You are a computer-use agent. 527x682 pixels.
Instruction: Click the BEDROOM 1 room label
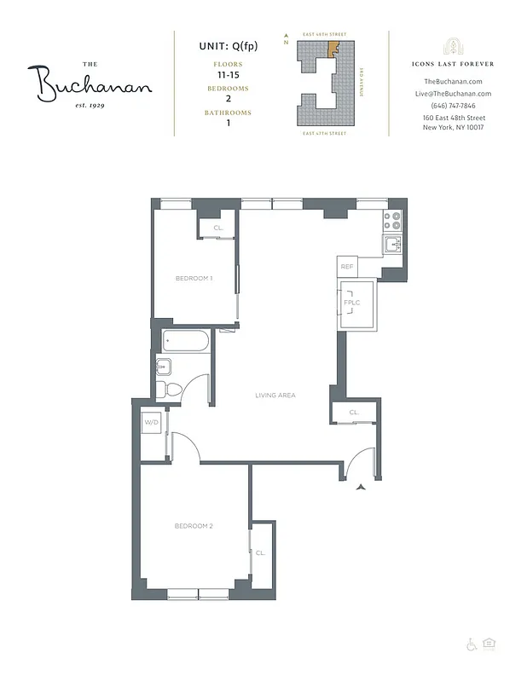click(x=194, y=278)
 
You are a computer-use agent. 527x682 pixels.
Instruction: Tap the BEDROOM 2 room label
click(x=194, y=526)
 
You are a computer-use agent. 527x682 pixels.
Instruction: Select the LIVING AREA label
click(x=275, y=395)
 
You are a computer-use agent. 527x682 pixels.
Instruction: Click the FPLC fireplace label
click(x=350, y=303)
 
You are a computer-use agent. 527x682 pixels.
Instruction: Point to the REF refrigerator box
click(x=347, y=267)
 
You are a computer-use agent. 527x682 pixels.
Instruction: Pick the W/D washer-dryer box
click(x=152, y=422)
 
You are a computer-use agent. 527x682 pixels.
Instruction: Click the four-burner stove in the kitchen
click(x=391, y=222)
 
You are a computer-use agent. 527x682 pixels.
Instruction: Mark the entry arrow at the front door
click(x=362, y=488)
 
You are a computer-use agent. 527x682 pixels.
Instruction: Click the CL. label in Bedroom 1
click(x=218, y=228)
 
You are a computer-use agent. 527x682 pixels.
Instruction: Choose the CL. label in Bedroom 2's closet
click(x=260, y=552)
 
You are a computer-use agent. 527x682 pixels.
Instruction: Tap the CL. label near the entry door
click(x=354, y=413)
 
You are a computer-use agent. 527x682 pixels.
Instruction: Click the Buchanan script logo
click(x=95, y=84)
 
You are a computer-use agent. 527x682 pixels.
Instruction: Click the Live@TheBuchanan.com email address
click(x=452, y=94)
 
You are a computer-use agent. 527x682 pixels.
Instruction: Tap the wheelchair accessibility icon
click(x=470, y=644)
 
